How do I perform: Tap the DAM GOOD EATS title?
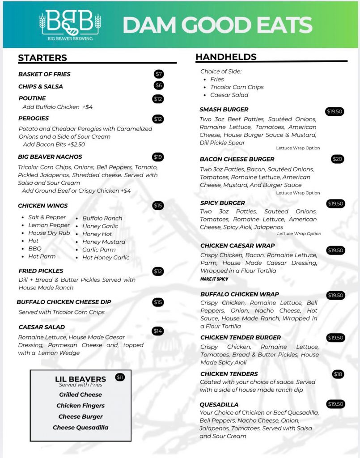tap(217, 25)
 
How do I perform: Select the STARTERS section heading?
tap(42, 58)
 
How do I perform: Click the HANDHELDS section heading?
tap(226, 57)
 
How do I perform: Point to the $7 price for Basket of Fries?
tap(159, 74)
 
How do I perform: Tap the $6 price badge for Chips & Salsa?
tap(159, 85)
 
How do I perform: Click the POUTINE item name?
tap(32, 98)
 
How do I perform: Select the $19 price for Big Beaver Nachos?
tap(158, 157)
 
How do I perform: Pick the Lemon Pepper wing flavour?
tap(49, 225)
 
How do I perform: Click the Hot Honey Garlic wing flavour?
tap(106, 258)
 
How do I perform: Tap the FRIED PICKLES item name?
tap(41, 271)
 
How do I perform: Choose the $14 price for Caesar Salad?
tap(158, 331)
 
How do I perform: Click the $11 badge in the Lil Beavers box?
tap(120, 377)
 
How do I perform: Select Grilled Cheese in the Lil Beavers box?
tap(80, 394)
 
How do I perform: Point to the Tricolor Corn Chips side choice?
tap(237, 87)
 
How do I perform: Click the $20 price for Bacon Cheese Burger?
tap(338, 159)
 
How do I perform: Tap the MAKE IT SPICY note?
tap(214, 279)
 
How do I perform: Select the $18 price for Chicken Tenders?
tap(338, 374)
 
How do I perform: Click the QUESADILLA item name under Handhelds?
tap(219, 405)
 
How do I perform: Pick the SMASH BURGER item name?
tap(224, 110)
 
